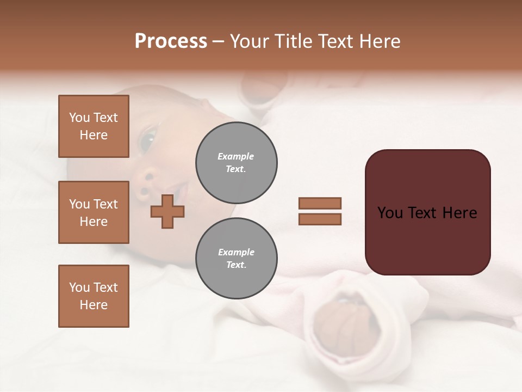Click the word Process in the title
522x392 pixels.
171,41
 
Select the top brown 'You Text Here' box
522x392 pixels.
94,126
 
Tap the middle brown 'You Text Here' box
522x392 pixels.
94,212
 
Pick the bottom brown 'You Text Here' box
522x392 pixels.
94,296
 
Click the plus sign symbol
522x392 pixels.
167,211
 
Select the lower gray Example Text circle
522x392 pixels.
236,259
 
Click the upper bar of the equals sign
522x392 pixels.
320,203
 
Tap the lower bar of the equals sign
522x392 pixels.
320,219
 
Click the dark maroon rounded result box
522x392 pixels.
427,212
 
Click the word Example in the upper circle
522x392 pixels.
236,156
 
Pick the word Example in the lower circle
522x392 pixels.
236,252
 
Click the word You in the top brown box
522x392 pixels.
79,118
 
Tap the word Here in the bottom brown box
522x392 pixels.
94,305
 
